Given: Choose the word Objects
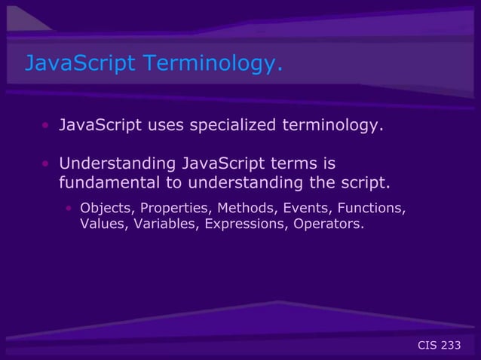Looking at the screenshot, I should (104, 208).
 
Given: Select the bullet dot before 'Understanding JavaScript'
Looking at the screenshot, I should (46, 164).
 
